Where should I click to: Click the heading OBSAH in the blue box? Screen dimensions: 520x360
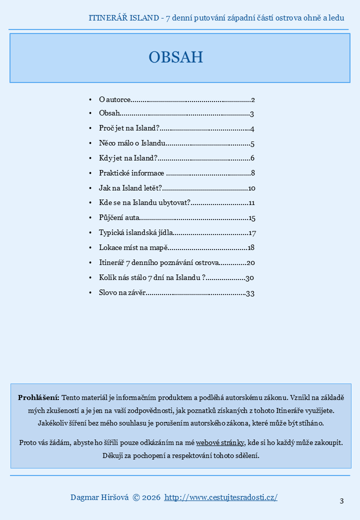(176, 57)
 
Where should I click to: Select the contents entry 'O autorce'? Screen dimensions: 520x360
(115, 99)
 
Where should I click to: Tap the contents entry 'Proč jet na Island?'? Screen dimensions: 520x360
(129, 129)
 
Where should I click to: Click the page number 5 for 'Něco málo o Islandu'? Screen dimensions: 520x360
(253, 144)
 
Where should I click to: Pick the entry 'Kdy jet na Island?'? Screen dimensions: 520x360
(128, 158)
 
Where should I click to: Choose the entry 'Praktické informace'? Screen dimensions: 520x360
(131, 173)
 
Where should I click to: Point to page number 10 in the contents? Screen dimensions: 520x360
(251, 188)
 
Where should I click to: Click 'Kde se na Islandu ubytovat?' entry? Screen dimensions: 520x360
(144, 203)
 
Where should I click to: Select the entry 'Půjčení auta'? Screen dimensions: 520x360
(119, 218)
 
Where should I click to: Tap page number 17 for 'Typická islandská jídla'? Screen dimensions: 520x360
(252, 233)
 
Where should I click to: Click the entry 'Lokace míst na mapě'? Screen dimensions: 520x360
(132, 247)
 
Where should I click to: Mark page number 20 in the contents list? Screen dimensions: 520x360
(251, 262)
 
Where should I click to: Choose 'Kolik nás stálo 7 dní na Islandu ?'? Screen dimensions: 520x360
(152, 277)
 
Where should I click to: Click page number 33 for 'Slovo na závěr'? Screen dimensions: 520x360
(250, 293)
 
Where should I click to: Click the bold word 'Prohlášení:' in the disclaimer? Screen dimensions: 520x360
(38, 398)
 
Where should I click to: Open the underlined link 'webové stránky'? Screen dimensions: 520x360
(220, 443)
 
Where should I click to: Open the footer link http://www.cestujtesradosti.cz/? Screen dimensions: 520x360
(221, 497)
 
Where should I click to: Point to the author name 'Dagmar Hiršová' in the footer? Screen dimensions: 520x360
(99, 497)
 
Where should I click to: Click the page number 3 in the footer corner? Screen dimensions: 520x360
(341, 501)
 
